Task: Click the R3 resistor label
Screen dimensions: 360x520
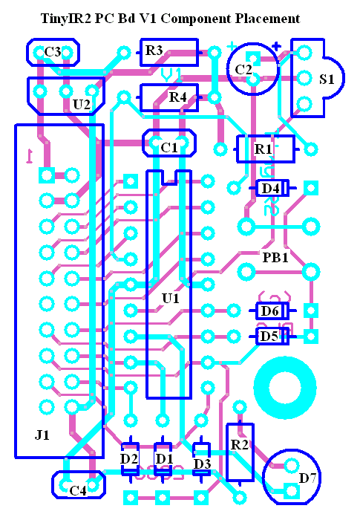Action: pos(154,51)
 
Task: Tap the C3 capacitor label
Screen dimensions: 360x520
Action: pos(53,52)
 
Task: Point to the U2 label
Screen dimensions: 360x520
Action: pos(82,105)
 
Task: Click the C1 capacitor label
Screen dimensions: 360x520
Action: pos(169,148)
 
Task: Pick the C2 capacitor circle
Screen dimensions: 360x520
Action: pos(228,70)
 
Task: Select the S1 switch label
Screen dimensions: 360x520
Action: pos(327,79)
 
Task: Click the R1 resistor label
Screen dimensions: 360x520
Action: pos(263,149)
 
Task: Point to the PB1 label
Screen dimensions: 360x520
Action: pos(275,257)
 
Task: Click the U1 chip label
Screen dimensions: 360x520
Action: pos(171,299)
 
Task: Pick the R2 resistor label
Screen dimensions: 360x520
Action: pos(239,445)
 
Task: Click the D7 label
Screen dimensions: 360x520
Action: pos(308,478)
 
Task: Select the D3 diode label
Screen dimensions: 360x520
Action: pos(202,464)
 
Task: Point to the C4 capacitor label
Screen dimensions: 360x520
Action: pos(78,490)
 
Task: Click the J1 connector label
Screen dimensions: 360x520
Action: pos(42,435)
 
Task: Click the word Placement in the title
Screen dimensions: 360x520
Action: pos(267,19)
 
